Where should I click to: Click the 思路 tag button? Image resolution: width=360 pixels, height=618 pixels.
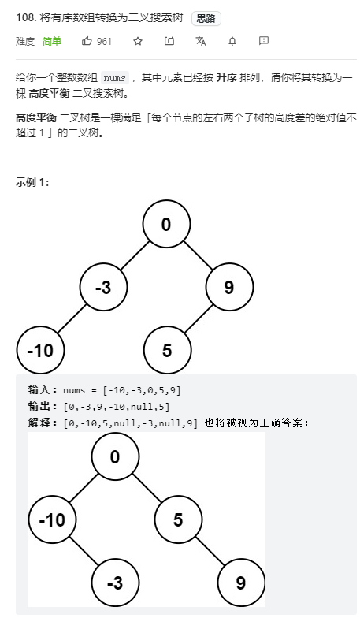click(206, 19)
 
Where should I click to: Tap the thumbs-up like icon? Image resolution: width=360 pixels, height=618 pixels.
click(87, 41)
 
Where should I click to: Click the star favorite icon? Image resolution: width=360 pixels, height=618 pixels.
click(137, 41)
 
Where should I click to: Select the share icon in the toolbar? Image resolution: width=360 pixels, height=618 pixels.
click(169, 41)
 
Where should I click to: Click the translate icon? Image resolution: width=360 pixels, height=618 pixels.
click(201, 41)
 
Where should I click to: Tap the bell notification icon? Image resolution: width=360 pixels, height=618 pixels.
click(232, 41)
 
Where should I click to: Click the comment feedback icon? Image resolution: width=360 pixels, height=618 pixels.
click(263, 41)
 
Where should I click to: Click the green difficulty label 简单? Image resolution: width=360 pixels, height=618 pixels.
click(52, 41)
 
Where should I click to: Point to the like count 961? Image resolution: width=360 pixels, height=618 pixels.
click(104, 41)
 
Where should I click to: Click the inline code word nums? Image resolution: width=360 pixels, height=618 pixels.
click(115, 77)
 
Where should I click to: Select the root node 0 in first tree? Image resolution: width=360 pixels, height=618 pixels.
click(166, 224)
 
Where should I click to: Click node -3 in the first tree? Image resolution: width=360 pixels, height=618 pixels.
click(103, 287)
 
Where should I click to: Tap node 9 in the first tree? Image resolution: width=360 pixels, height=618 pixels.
click(229, 287)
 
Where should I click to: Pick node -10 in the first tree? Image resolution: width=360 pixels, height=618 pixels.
click(41, 350)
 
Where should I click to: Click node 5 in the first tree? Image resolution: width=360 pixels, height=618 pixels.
click(167, 350)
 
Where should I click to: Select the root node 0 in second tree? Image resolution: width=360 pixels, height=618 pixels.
click(115, 456)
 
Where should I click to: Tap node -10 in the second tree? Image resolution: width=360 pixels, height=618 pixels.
click(52, 520)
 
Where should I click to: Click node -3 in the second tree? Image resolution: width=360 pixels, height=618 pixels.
click(115, 583)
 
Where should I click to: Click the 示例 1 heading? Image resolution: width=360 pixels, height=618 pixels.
click(32, 182)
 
